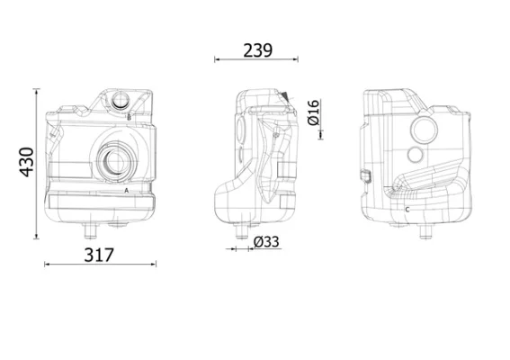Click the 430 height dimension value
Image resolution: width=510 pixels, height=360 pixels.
coord(27,162)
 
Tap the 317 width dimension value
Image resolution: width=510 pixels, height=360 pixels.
coord(99,255)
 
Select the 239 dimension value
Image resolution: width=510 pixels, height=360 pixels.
coord(257,50)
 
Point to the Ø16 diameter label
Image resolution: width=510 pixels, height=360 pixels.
coord(314,112)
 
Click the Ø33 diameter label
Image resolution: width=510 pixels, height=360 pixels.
coord(266,242)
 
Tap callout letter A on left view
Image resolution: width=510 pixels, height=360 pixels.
coord(127,191)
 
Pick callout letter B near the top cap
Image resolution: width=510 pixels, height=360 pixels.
coord(130,117)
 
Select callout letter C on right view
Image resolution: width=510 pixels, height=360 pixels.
coord(407,210)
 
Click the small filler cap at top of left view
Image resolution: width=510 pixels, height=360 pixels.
coord(121,100)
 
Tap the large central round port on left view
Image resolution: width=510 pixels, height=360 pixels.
coord(115,161)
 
